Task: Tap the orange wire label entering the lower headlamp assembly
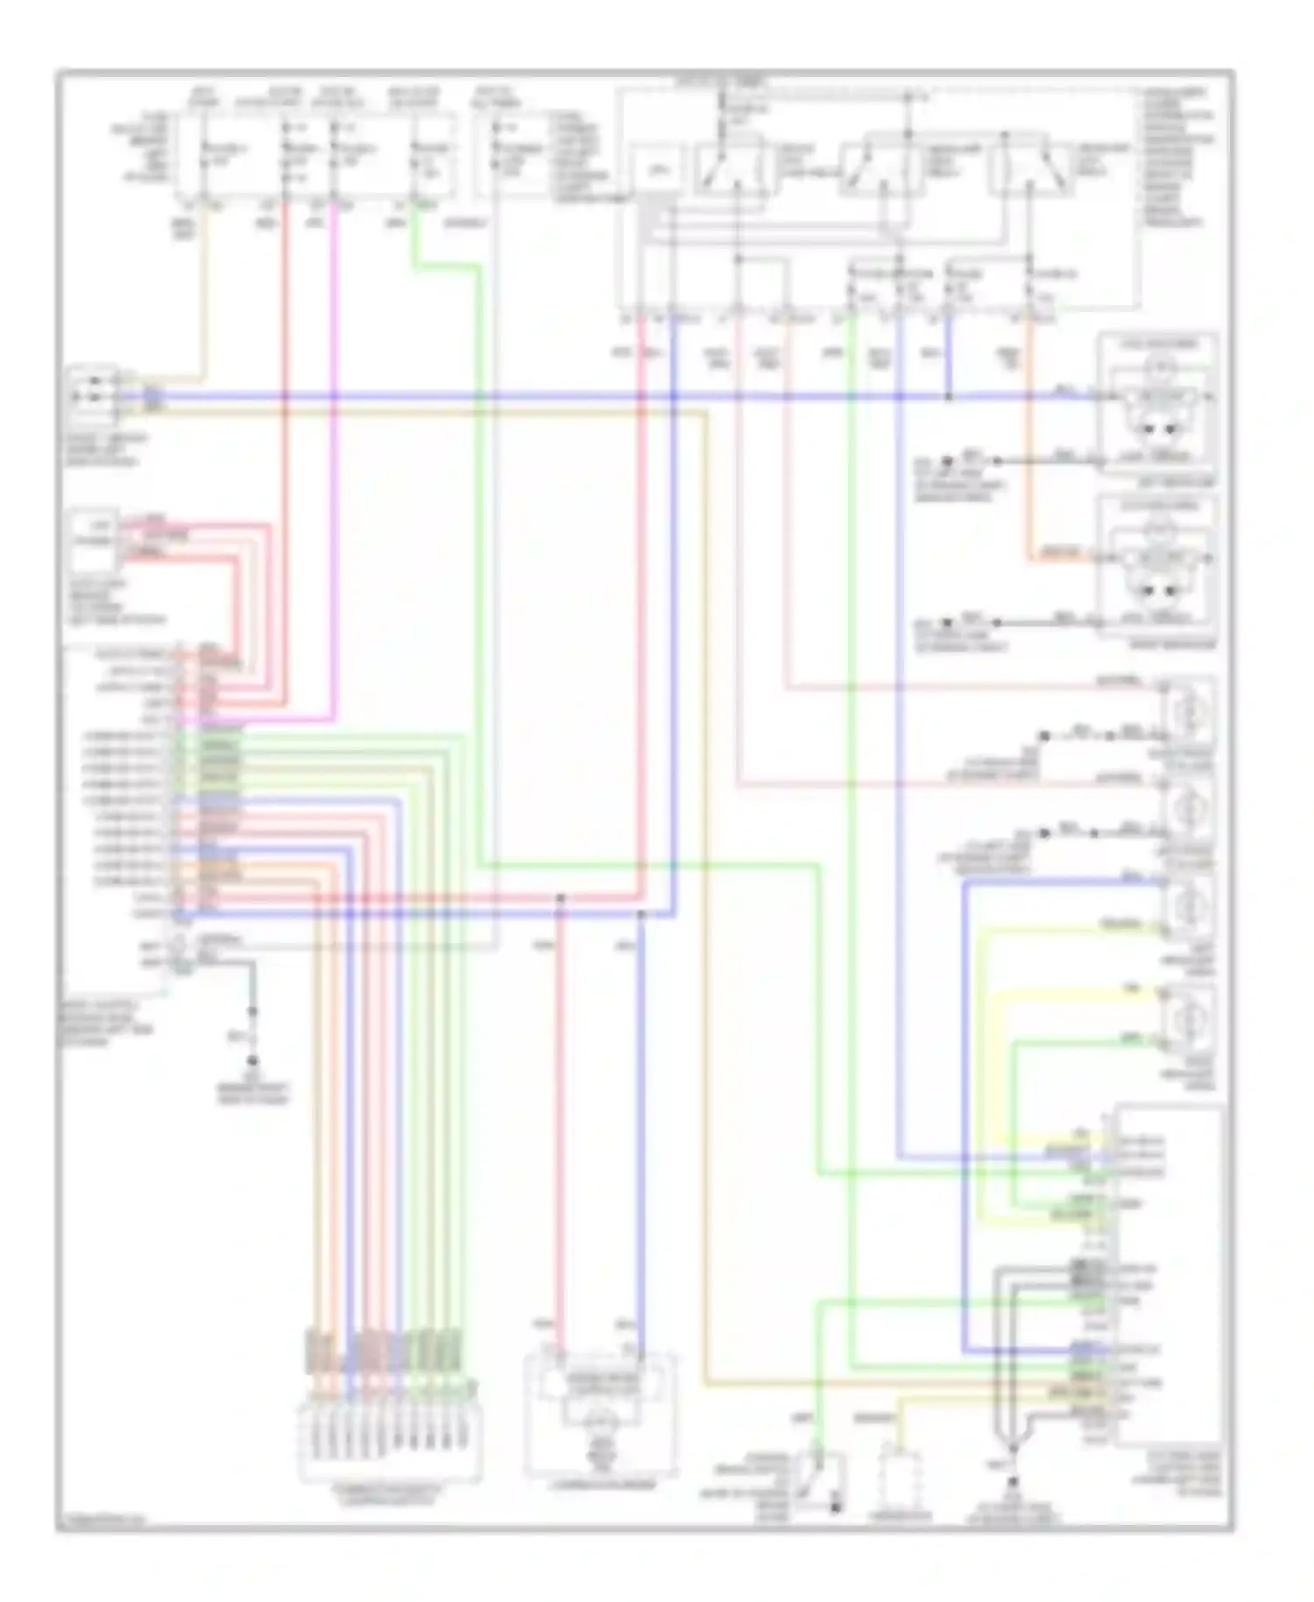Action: coord(1061,554)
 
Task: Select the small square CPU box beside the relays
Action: coord(659,171)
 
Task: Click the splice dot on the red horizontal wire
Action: coord(561,898)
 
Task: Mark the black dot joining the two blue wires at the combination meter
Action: coord(641,914)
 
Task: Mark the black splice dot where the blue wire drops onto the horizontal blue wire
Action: coord(949,397)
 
